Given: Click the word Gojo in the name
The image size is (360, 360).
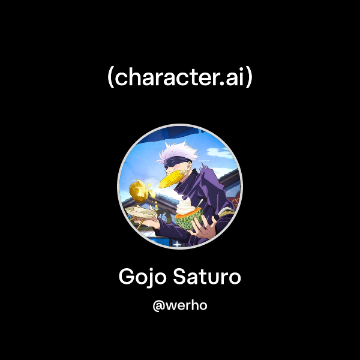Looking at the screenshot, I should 142,277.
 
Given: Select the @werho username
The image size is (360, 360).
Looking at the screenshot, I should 180,305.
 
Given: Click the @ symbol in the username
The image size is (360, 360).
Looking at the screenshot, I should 158,305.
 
